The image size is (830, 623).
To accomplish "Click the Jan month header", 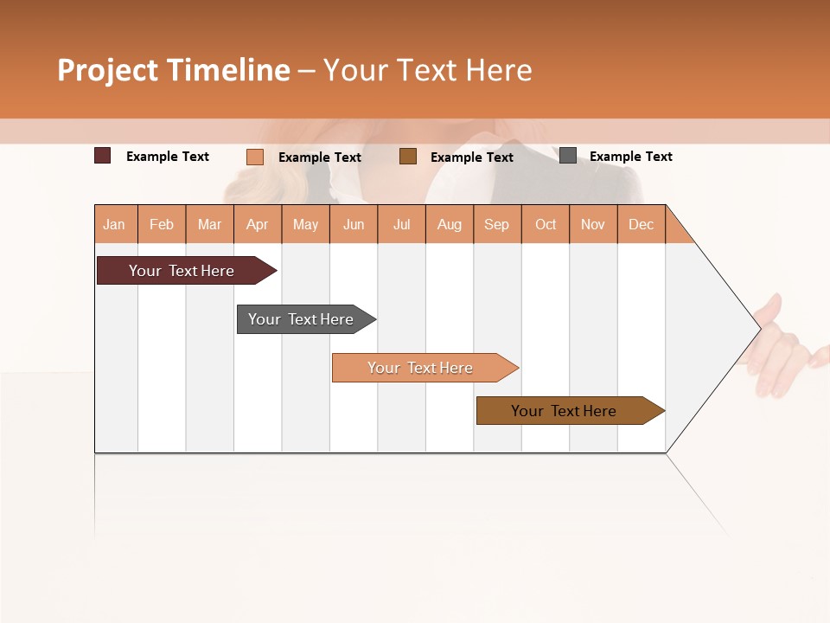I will pos(115,224).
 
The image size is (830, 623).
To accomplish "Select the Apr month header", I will pos(258,224).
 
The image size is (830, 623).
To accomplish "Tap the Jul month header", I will pos(401,224).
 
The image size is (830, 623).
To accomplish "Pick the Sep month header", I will pos(497,224).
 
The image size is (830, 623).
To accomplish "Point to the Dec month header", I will pos(641,224).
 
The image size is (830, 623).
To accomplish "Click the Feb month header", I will pos(162,224).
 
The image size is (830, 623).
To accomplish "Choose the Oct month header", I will pos(546,224).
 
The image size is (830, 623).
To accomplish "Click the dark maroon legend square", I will pos(103,156).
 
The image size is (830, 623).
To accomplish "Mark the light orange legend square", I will pos(255,157).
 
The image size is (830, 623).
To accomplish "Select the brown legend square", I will pos(408,156).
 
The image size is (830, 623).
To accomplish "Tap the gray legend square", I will pos(568,156).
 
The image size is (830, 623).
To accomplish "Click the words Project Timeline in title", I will pos(174,70).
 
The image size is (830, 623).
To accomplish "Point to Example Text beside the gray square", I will pos(630,157).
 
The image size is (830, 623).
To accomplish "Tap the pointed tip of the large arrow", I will pos(758,328).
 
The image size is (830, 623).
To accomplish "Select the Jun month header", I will pos(354,224).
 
